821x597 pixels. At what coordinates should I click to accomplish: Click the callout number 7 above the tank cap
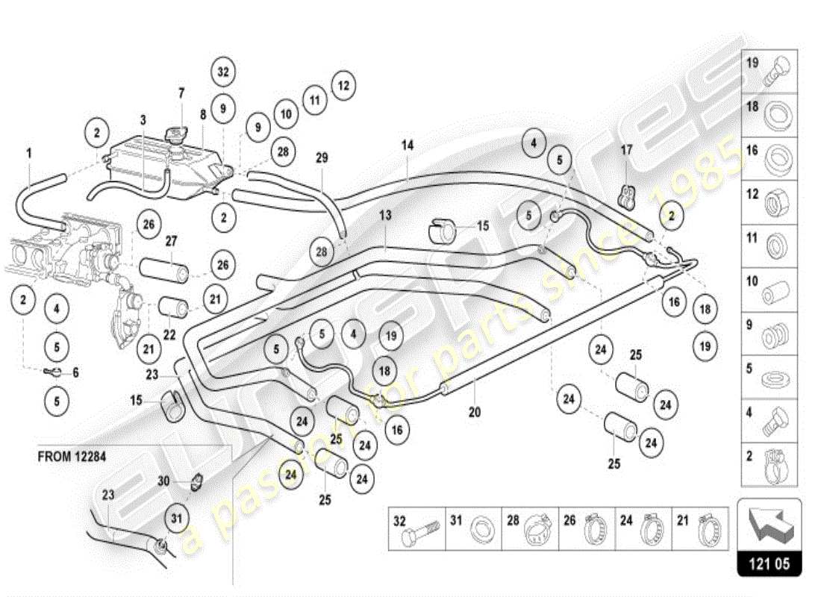181,93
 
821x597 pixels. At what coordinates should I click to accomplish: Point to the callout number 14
407,146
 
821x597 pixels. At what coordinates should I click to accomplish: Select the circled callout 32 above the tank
222,72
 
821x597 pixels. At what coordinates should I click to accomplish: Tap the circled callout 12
342,85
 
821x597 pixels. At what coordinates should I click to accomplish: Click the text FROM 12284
72,456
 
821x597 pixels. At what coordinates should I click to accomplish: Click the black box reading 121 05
769,564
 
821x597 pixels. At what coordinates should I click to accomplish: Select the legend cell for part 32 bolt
416,531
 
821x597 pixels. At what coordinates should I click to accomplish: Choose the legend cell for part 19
769,71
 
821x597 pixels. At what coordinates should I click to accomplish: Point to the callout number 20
475,411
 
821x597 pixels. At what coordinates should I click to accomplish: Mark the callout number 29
321,158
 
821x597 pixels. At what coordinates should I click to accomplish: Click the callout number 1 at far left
29,153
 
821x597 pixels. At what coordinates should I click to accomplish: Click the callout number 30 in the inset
163,481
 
